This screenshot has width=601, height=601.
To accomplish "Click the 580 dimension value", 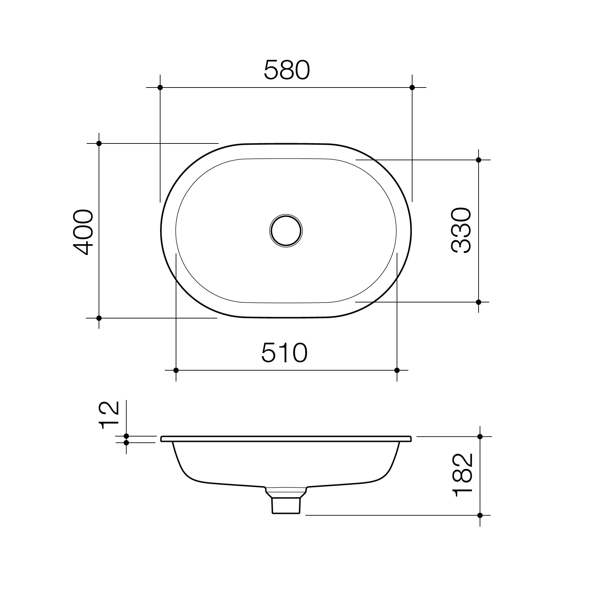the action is [x=287, y=70].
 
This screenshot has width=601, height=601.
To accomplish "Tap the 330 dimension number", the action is [x=461, y=231].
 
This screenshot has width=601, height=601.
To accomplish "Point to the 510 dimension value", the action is [x=284, y=352].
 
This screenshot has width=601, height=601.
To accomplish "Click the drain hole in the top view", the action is [x=286, y=231].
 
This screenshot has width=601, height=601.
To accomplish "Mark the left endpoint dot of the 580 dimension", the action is [x=160, y=88].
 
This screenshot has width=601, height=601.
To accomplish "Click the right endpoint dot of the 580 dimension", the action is [x=412, y=88].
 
